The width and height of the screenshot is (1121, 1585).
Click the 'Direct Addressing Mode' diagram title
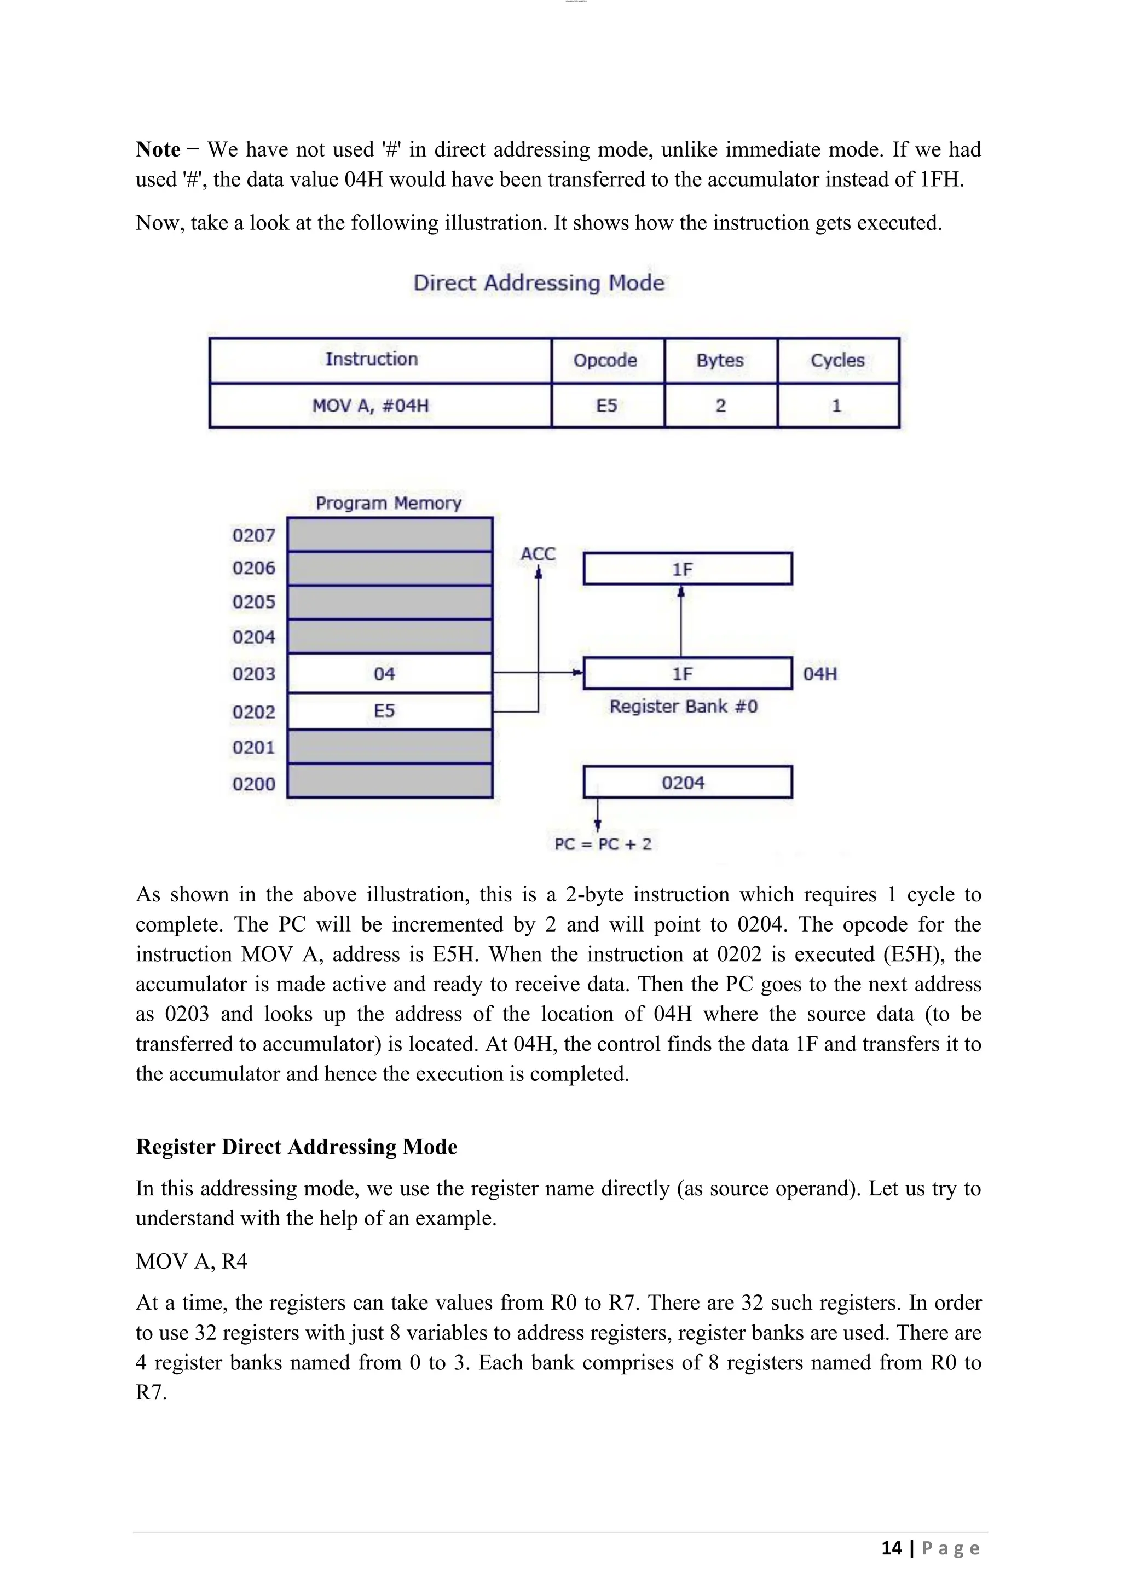pos(539,282)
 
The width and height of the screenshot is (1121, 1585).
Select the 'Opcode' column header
pos(605,360)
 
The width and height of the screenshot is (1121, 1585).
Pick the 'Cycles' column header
pos(837,360)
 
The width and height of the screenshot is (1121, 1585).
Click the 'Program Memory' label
pos(389,502)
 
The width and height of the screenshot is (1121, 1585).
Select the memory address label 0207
pos(253,535)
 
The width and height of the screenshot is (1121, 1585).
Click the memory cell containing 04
pos(389,674)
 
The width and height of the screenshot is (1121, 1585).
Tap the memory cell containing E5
pos(389,711)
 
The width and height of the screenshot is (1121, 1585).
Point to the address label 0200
pos(253,784)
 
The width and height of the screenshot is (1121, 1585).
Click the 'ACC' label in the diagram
pos(538,554)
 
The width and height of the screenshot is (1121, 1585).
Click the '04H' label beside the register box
pos(820,674)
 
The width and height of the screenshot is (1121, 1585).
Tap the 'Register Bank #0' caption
pos(683,706)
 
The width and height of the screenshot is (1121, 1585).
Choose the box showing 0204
pos(687,782)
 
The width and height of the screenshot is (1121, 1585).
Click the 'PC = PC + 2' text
pos(603,843)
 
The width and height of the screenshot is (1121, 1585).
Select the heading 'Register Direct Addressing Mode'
pos(296,1147)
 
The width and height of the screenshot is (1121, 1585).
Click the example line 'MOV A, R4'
pos(191,1261)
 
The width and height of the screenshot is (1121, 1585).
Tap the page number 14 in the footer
pos(891,1548)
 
